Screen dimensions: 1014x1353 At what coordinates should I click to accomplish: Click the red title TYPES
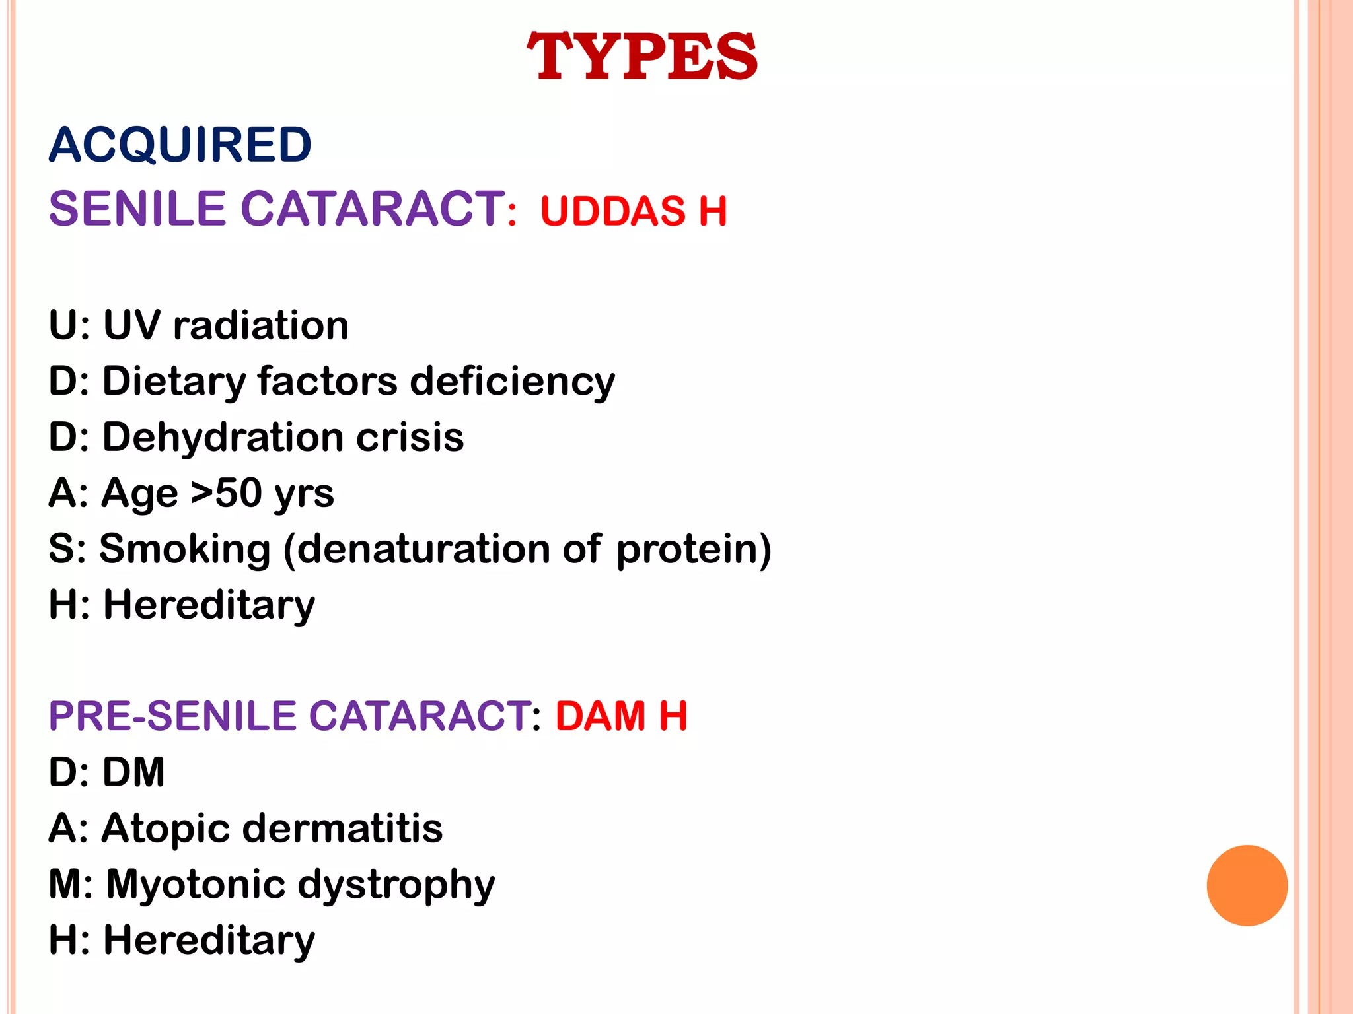coord(641,57)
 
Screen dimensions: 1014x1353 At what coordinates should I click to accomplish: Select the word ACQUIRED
coord(180,145)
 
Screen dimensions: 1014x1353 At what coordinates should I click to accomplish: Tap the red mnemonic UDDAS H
coord(633,212)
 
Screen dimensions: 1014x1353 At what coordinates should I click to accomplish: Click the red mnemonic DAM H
coord(621,716)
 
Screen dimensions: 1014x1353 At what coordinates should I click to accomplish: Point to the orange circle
coord(1247,885)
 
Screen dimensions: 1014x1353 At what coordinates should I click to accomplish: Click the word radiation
coord(260,325)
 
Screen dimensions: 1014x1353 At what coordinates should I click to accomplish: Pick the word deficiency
coord(512,382)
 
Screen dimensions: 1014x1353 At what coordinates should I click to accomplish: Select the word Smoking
coord(185,550)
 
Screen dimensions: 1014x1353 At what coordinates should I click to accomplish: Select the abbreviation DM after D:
coord(134,772)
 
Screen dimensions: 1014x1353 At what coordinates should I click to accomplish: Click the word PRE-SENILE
coord(173,716)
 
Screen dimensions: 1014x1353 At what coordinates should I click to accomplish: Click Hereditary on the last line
coord(209,941)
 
